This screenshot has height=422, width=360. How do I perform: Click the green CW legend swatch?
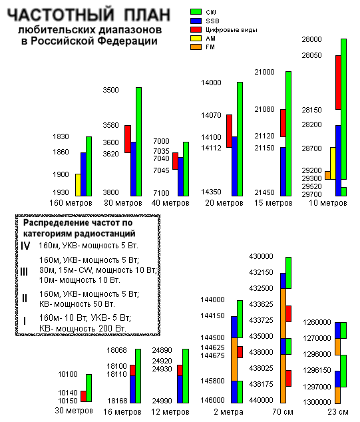click(196, 11)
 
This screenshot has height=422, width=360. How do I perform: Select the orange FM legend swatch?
click(196, 47)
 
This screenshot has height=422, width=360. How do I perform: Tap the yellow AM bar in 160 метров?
click(78, 185)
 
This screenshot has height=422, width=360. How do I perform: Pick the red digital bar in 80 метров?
click(128, 139)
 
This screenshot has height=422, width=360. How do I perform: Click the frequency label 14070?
click(211, 115)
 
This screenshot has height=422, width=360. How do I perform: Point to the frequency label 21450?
click(264, 192)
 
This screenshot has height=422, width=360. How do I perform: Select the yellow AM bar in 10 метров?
click(333, 163)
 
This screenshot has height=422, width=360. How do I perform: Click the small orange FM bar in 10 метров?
click(327, 175)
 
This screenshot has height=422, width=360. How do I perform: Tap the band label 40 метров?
click(170, 202)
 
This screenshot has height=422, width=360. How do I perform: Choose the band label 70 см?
click(283, 411)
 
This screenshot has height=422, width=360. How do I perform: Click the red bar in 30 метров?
click(83, 396)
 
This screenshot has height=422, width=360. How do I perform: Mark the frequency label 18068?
click(116, 350)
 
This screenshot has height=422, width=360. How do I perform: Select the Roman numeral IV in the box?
click(25, 246)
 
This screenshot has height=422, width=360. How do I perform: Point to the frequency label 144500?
click(212, 337)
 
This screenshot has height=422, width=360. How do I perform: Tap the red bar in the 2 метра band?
click(240, 352)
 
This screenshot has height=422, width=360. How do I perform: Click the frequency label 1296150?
click(317, 370)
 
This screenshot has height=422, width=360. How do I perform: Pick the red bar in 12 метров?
click(180, 370)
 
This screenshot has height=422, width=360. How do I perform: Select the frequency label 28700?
click(311, 148)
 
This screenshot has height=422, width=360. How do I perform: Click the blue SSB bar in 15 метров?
click(283, 172)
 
